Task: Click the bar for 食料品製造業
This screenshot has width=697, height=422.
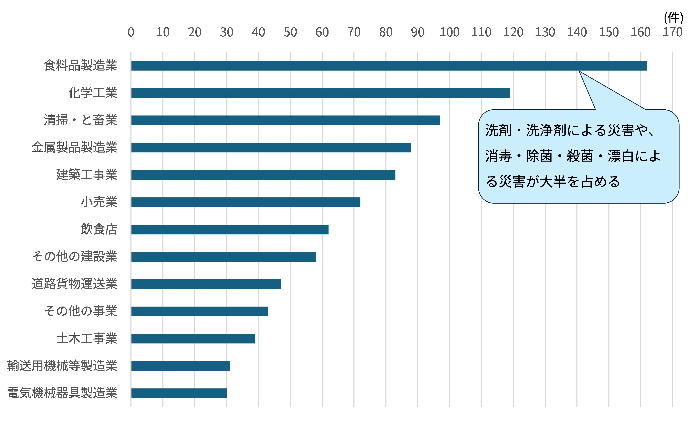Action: click(x=389, y=66)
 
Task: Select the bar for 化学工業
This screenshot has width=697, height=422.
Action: click(x=320, y=93)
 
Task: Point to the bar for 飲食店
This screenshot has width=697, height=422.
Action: click(x=230, y=229)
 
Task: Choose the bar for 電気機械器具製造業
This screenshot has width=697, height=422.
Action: click(x=179, y=393)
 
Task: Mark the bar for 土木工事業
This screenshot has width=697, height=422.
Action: click(x=193, y=339)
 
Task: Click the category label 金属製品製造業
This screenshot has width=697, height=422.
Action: click(x=74, y=147)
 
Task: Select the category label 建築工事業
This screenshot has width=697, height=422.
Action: click(x=87, y=175)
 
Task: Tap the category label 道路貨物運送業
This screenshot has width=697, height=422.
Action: click(x=74, y=284)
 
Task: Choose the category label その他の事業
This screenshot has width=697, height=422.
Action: click(x=81, y=311)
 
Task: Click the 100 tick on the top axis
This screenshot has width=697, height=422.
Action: click(x=449, y=32)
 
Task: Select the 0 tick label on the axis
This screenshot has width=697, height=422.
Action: click(x=131, y=32)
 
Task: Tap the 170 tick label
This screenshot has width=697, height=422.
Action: click(x=672, y=32)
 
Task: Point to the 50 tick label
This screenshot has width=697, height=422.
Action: click(x=290, y=32)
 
